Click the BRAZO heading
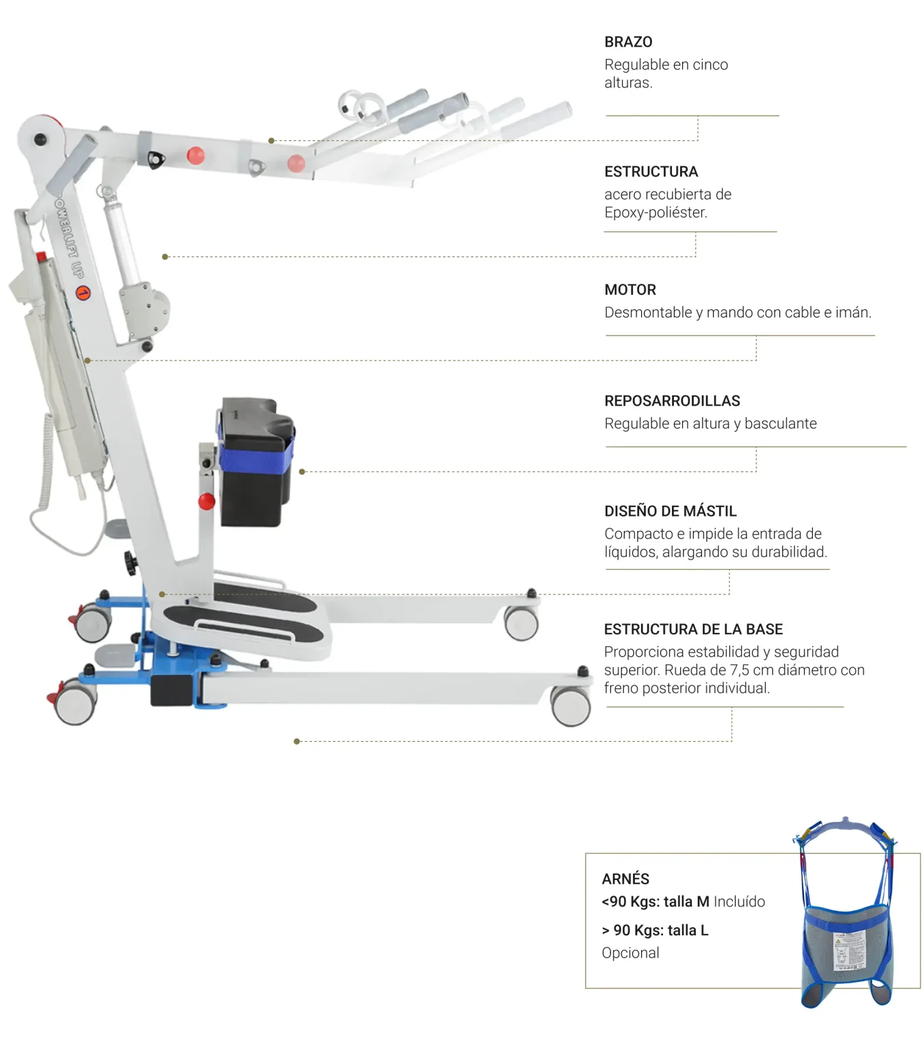(x=628, y=42)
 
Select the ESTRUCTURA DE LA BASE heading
(x=693, y=630)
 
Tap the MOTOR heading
(x=630, y=290)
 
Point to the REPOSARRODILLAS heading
(x=672, y=401)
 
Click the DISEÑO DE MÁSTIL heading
(x=670, y=511)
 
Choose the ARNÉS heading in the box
(x=625, y=879)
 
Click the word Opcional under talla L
(x=630, y=953)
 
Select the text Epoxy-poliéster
(x=655, y=213)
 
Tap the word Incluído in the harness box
(x=739, y=902)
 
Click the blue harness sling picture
(x=846, y=937)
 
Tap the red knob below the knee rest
(x=207, y=502)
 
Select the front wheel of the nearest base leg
(x=571, y=705)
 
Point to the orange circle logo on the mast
(x=83, y=294)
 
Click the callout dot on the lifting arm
(x=272, y=141)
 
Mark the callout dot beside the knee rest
(x=302, y=472)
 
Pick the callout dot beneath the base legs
(x=296, y=742)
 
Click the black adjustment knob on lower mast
(x=130, y=562)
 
